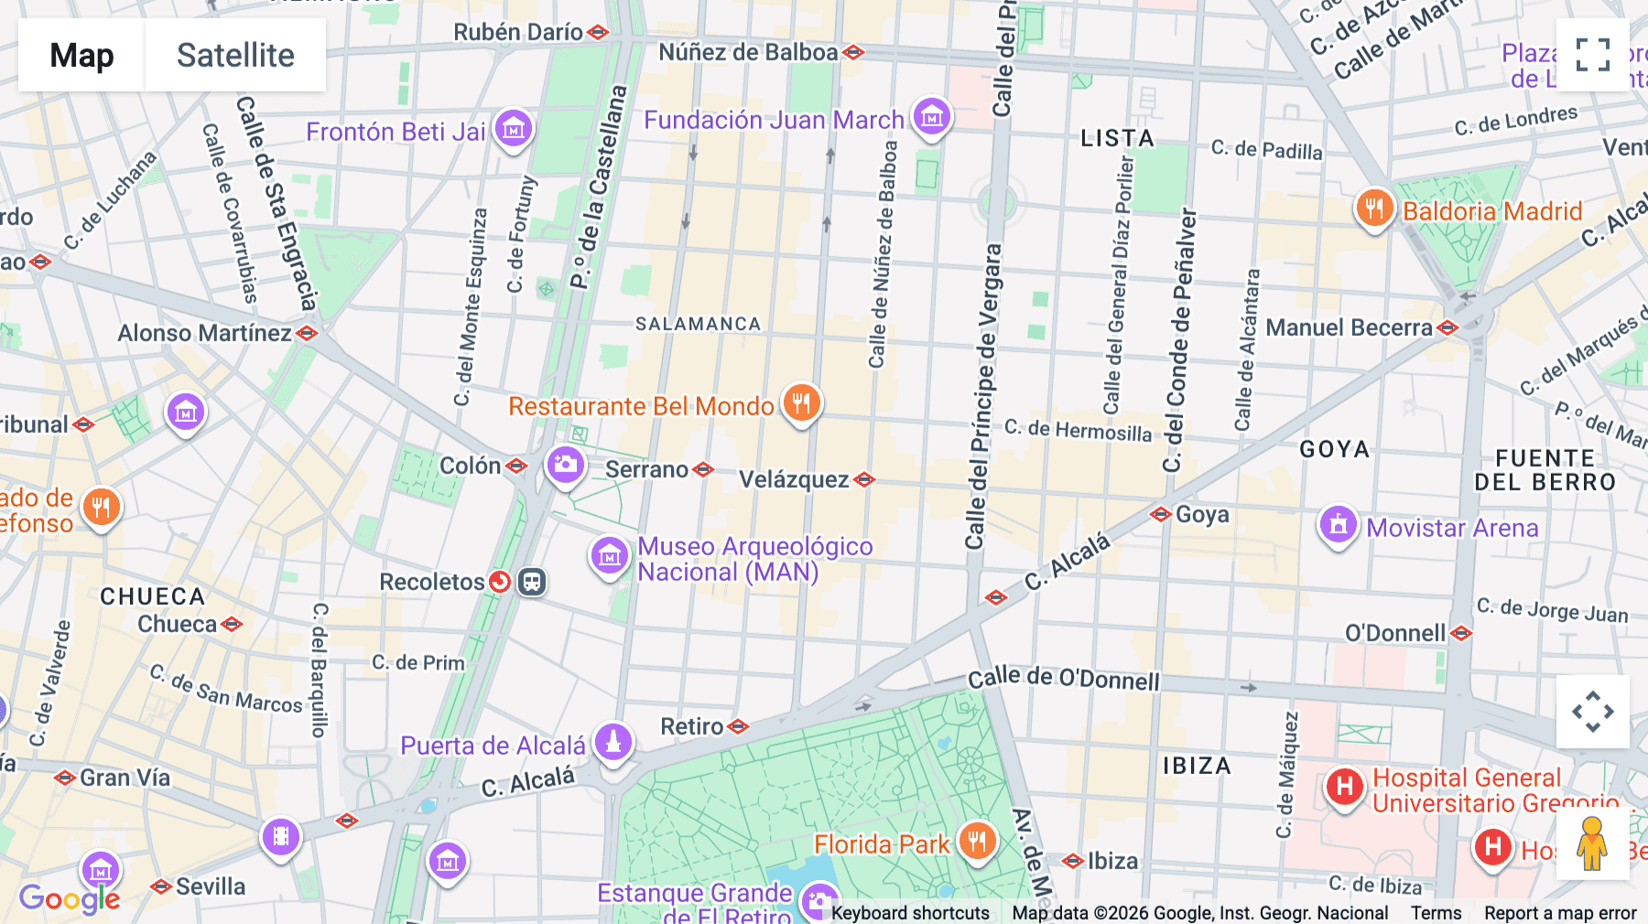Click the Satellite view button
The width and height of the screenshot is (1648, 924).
pos(235,55)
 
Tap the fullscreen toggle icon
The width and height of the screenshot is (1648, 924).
pos(1592,55)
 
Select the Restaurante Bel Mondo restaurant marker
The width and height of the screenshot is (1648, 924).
pos(801,403)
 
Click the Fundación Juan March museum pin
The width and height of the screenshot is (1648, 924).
pos(932,117)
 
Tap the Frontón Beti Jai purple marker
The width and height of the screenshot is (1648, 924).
pos(514,129)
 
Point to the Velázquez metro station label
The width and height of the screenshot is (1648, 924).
pos(794,479)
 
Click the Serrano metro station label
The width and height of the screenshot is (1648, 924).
pos(647,469)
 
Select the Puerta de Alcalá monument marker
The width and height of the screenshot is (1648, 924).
pos(613,742)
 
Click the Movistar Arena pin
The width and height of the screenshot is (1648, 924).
pos(1338,525)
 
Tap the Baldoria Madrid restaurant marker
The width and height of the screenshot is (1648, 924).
pos(1374,210)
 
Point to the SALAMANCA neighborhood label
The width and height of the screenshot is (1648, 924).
pos(699,324)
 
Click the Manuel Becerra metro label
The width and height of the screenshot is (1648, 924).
pos(1349,328)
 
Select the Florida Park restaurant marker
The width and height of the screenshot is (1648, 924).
pos(977,841)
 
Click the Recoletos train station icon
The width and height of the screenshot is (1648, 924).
pos(532,582)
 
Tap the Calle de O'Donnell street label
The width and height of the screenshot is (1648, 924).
pos(1063,679)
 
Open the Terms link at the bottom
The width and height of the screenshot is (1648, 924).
pos(1436,913)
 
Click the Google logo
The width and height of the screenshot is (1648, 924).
pos(69,898)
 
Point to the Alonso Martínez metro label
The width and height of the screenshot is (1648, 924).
pos(204,333)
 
